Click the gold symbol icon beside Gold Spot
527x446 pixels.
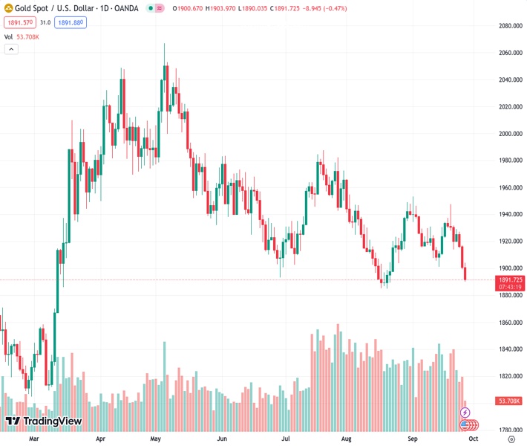coord(8,8)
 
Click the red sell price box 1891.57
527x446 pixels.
coord(19,22)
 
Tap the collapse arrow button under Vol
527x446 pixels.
coord(11,49)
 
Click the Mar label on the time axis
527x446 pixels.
coord(33,439)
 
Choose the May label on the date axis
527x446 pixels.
coord(155,439)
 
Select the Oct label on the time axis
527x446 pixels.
coord(473,439)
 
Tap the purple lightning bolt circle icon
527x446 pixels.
coord(465,412)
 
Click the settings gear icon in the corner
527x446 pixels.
coord(511,439)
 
